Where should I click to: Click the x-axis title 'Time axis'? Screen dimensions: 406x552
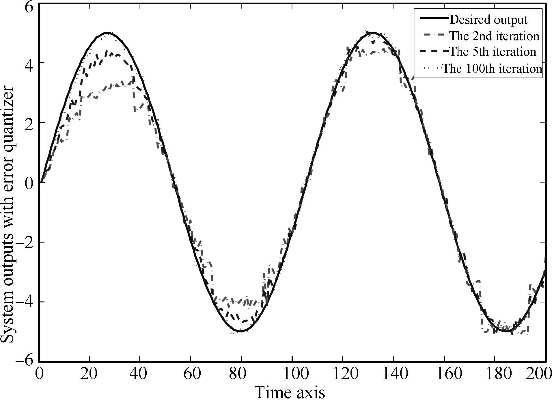(x=290, y=393)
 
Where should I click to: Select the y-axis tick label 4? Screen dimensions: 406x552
(x=29, y=63)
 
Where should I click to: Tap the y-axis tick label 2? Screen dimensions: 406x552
(x=29, y=122)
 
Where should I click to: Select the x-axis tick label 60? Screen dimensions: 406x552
(x=191, y=374)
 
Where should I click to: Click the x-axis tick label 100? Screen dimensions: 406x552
(x=292, y=374)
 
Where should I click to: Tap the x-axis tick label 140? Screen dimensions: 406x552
(x=393, y=374)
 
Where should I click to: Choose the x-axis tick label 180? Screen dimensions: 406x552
(x=495, y=374)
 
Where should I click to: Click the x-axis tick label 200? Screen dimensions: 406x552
(x=540, y=374)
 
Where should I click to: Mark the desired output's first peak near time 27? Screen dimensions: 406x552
(x=107, y=33)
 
